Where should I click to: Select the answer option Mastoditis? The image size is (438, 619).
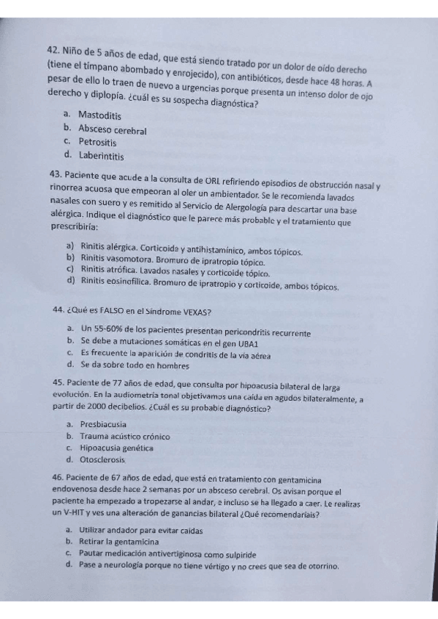[x=99, y=115]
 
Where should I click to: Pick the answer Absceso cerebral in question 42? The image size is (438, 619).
[x=113, y=129]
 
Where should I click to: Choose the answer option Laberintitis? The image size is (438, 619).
[x=102, y=156]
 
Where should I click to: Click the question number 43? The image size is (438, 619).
[x=54, y=176]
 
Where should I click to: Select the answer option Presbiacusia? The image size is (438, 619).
[x=103, y=424]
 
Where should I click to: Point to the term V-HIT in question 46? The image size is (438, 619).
[x=75, y=514]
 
